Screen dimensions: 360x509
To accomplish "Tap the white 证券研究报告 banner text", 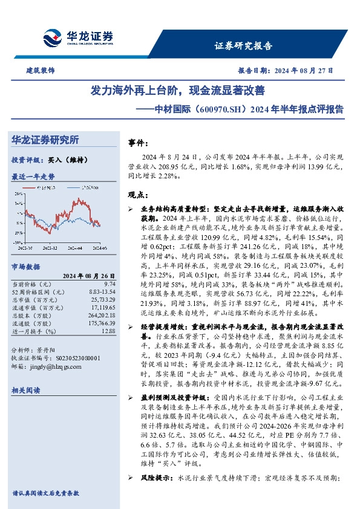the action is tap(243, 46).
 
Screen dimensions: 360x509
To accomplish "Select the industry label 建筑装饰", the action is tap(40, 71).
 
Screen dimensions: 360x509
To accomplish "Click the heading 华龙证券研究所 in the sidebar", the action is tap(45, 140).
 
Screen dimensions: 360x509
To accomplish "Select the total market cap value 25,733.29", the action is tap(103, 299).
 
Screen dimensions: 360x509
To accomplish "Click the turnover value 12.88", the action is tap(108, 331).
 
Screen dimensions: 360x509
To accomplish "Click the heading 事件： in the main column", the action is tap(139, 143).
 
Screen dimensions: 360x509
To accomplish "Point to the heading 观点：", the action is tap(139, 195).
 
